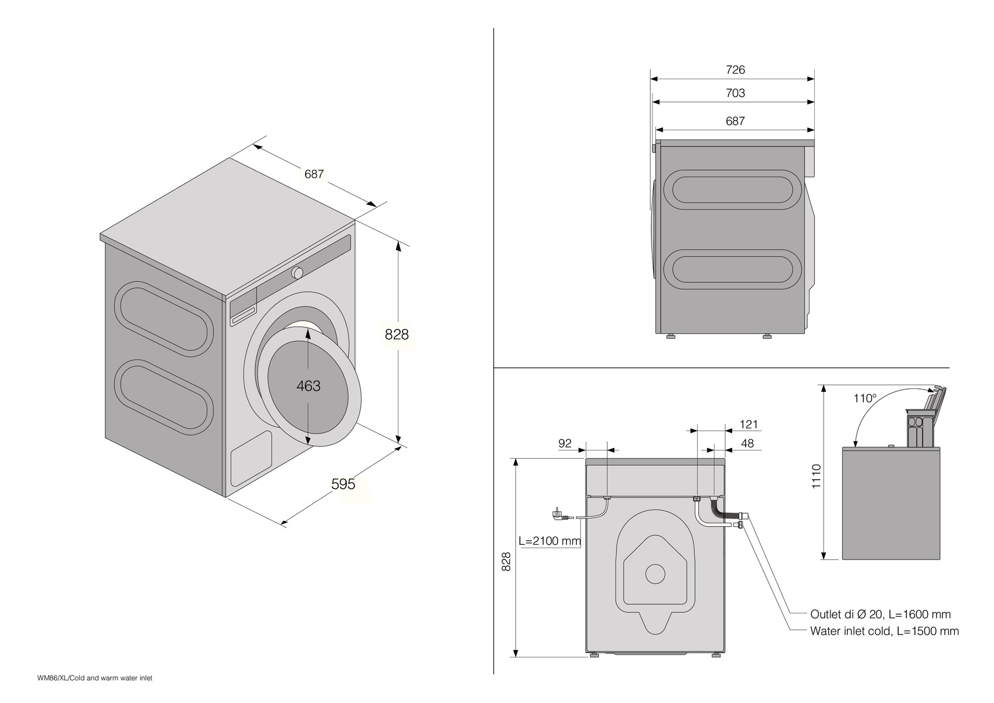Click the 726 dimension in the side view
click(735, 70)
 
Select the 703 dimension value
click(735, 93)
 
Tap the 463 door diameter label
click(308, 385)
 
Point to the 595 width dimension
click(343, 484)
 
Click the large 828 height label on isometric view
click(397, 335)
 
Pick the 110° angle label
click(865, 398)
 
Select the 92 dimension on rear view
click(565, 443)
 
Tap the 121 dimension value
click(749, 424)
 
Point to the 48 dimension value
click(747, 443)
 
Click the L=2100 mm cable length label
click(549, 541)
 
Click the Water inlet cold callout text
click(884, 631)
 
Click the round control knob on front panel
click(298, 272)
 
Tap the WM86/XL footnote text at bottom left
click(95, 678)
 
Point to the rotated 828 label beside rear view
click(507, 561)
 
